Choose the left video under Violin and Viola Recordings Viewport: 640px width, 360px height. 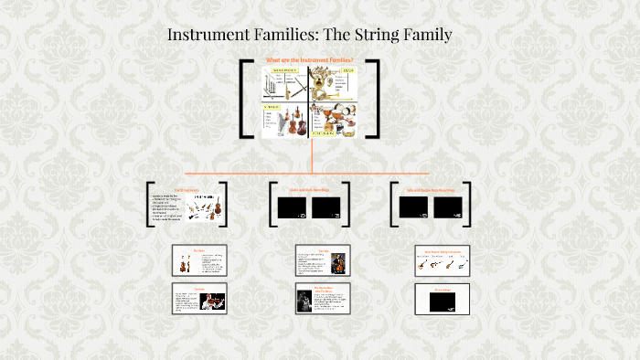pos(292,207)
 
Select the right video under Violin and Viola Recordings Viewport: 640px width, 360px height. pos(326,207)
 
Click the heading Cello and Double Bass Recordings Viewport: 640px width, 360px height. pos(431,190)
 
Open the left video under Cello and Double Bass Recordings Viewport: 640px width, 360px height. pos(413,207)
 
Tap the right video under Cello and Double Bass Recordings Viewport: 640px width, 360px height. pos(448,207)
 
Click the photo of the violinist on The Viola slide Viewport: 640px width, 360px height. pos(212,302)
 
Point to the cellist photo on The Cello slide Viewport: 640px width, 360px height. pos(337,262)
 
